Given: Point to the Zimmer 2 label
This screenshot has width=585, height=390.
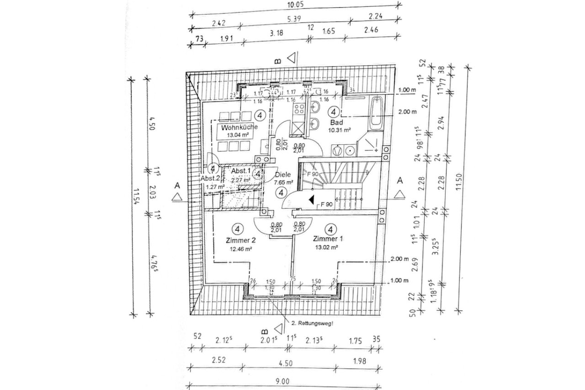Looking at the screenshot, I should (x=240, y=240).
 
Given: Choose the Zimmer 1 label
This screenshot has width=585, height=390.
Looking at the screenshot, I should (x=327, y=239).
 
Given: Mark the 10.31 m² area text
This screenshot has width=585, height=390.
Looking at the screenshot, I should (x=339, y=130).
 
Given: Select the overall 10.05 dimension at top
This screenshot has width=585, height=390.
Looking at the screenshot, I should (x=294, y=5).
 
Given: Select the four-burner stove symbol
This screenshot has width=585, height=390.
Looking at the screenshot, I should (x=299, y=109).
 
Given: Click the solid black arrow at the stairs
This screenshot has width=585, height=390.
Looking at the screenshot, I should (x=311, y=200).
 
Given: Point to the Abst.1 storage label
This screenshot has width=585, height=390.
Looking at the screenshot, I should (x=241, y=171).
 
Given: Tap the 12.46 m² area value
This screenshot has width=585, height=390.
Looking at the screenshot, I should (x=242, y=249).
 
